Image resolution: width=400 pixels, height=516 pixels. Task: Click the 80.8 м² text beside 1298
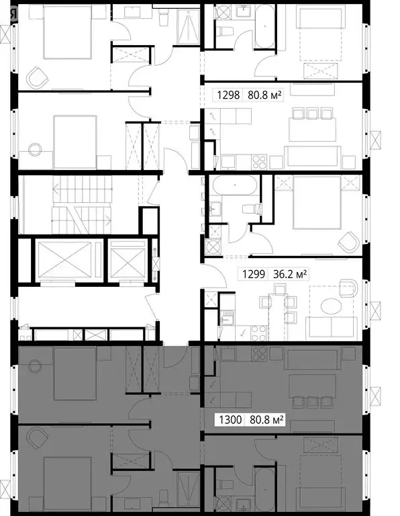click(x=266, y=95)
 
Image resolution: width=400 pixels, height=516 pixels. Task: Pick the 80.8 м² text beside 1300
click(x=266, y=421)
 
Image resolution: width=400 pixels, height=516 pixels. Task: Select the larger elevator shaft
click(x=59, y=259)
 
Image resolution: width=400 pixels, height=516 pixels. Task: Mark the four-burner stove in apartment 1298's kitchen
click(x=258, y=161)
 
